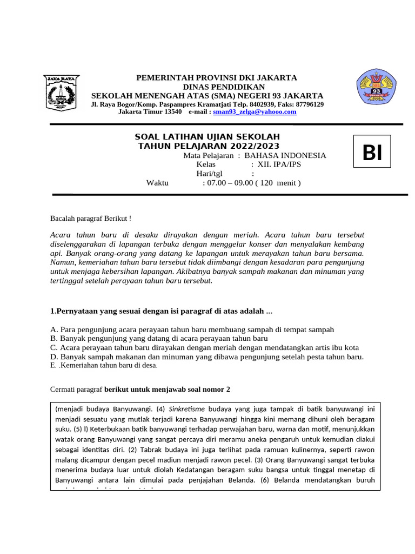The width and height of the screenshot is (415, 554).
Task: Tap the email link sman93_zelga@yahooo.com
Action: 255,111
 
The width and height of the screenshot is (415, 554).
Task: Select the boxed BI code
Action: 372,154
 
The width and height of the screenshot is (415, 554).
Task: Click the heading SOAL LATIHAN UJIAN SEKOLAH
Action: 207,137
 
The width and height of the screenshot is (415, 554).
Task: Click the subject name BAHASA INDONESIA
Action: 285,155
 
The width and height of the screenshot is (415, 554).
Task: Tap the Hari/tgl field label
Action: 209,174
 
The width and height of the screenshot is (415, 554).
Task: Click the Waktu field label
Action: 157,183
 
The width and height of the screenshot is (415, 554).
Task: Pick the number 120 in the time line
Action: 268,183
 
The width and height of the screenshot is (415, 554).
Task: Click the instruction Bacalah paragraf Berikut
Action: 90,219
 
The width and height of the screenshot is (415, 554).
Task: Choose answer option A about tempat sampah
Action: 192,329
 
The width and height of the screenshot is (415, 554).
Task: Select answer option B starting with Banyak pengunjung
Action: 158,338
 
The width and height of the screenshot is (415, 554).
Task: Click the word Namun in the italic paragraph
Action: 60,262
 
